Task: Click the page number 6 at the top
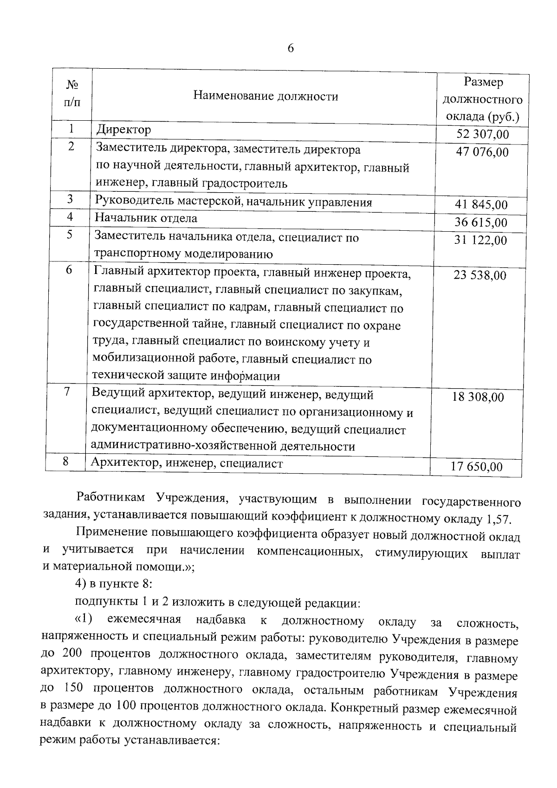291,48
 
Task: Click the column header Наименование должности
266,97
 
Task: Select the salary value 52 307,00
482,135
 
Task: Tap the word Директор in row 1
123,130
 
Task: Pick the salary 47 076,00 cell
482,152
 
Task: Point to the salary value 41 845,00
481,205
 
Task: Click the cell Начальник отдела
146,218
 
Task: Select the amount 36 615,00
481,222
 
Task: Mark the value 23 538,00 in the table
480,275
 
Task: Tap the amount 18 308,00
478,397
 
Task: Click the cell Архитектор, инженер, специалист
187,463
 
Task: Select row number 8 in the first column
65,462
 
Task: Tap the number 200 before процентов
72,653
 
